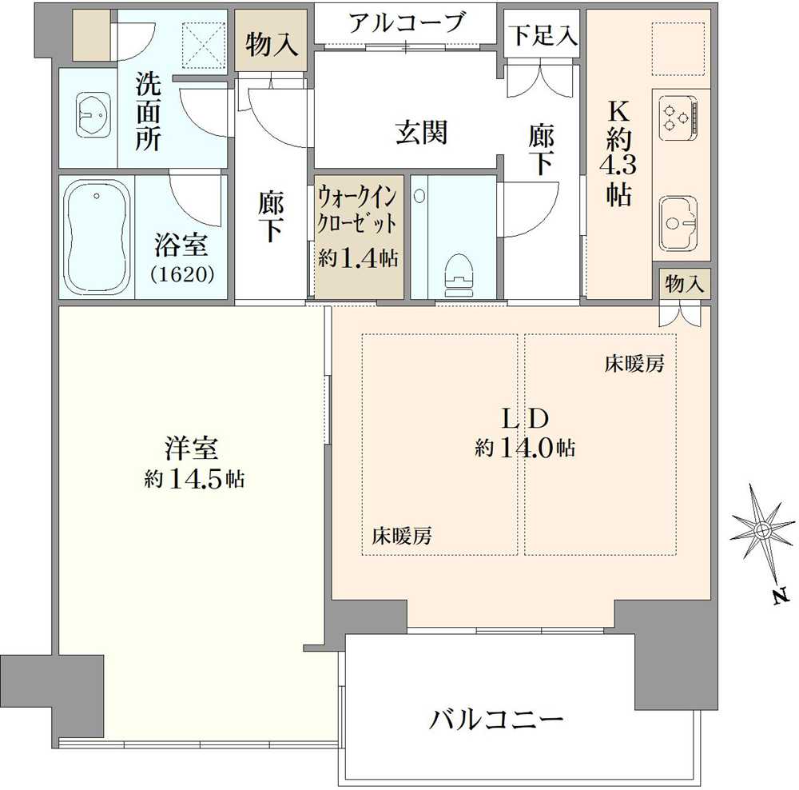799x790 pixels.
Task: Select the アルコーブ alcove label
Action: tap(407, 22)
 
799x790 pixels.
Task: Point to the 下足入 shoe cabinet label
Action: tap(542, 36)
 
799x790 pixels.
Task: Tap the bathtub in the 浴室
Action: tap(96, 237)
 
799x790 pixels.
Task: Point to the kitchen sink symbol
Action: tap(678, 221)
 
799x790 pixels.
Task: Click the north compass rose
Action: tap(762, 530)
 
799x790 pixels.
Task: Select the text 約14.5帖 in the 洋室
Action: tap(194, 479)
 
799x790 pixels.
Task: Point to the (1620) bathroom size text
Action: tap(183, 274)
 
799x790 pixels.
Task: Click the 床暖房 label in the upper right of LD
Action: tap(634, 365)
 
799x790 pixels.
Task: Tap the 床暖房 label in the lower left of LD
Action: tap(402, 537)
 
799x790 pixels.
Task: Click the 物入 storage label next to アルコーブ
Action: tap(272, 46)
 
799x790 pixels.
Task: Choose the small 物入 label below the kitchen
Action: tap(684, 285)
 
